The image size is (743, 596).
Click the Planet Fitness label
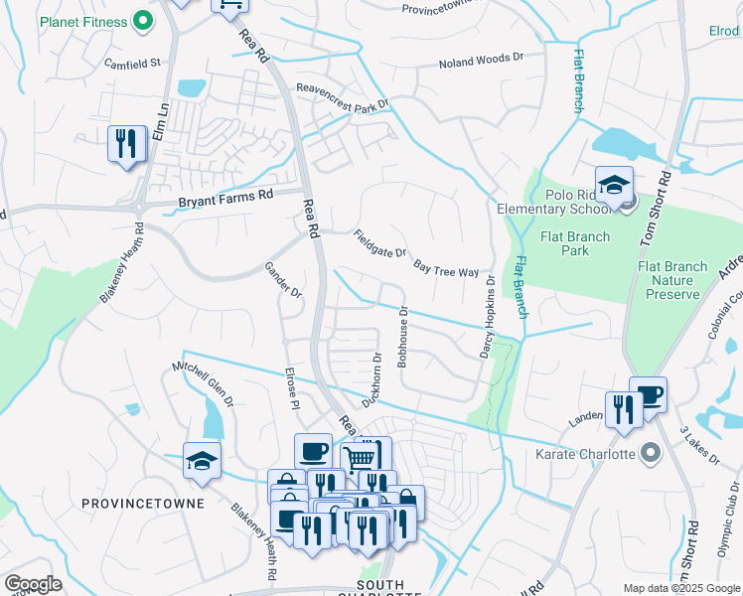point(84,21)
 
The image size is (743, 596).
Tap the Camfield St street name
point(132,63)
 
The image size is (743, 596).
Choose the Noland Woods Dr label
point(481,64)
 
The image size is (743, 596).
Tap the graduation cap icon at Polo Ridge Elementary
point(614,185)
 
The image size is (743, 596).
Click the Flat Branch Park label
point(567,243)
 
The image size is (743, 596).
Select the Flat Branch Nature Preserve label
point(673,280)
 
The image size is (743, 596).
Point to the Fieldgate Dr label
point(379,244)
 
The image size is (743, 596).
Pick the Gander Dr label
point(282,280)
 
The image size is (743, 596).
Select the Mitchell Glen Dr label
point(203,380)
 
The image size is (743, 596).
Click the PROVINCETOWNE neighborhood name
point(143,504)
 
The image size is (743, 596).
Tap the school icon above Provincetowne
point(202,461)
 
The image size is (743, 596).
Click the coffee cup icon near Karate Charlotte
point(648,395)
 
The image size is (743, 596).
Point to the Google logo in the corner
point(33,583)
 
